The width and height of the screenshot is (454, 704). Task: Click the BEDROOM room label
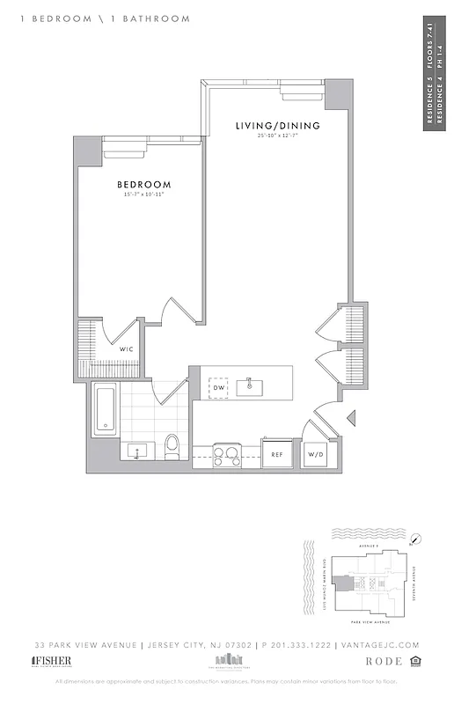(x=143, y=185)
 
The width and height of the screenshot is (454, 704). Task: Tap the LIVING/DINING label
(x=277, y=126)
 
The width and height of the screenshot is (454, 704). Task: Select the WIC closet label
(x=128, y=350)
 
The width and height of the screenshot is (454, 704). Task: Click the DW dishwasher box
(x=218, y=387)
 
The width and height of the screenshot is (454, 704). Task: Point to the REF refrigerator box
(x=276, y=455)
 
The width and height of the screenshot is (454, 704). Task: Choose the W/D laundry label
(x=315, y=455)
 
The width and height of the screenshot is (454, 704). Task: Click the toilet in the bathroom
(x=172, y=447)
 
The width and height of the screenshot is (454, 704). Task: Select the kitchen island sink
(x=252, y=385)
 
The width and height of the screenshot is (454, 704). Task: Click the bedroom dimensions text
(x=143, y=194)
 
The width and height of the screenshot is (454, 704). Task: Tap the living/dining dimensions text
(x=277, y=136)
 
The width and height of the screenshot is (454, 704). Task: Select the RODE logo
(x=384, y=661)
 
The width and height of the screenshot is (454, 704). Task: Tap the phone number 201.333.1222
(x=302, y=645)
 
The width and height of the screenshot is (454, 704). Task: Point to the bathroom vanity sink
(x=136, y=451)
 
